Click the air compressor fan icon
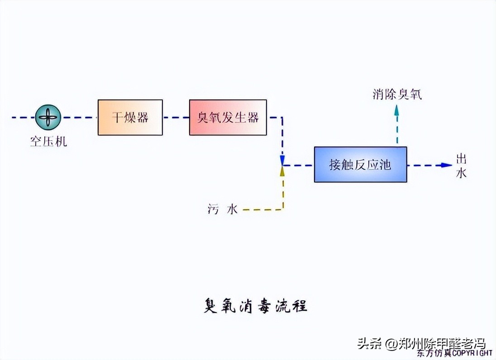(x=48, y=118)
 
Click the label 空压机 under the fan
(x=48, y=142)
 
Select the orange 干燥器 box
(x=130, y=118)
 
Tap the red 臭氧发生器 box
(x=228, y=118)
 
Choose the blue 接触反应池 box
(x=360, y=165)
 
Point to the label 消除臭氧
(x=397, y=95)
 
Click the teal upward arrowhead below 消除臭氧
(x=397, y=110)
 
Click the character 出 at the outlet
(x=461, y=159)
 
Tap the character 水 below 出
(x=461, y=173)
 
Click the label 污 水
(x=222, y=209)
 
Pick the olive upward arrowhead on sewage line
(x=282, y=171)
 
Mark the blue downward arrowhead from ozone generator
(x=282, y=160)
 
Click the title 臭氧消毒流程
(x=255, y=306)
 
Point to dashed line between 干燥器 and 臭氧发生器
(x=176, y=118)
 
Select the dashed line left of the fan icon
(x=23, y=118)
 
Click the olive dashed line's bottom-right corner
(x=283, y=209)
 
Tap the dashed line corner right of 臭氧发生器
(x=282, y=118)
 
